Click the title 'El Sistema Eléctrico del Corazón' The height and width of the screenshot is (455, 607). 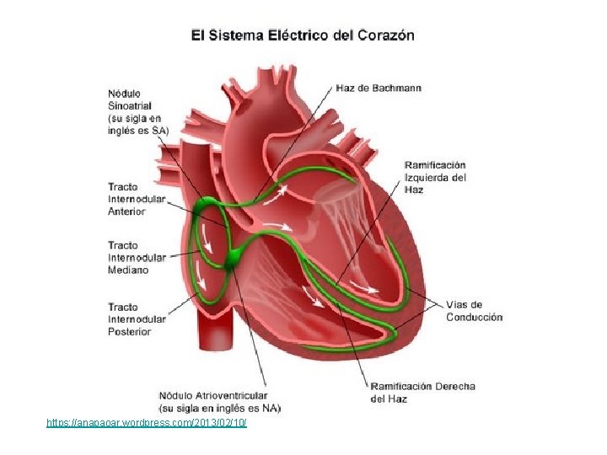click(303, 35)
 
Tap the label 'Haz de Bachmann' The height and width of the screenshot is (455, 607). click(379, 88)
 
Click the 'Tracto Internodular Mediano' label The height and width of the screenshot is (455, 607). click(136, 258)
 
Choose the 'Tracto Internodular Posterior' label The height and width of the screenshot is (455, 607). click(136, 319)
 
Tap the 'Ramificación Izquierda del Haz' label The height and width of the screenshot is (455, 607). click(435, 177)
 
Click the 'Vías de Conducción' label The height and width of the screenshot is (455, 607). click(474, 311)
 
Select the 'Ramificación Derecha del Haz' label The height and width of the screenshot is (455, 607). click(422, 392)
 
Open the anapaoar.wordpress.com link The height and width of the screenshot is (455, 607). click(147, 421)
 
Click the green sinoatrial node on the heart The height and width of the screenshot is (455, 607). click(205, 206)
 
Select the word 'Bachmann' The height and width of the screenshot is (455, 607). click(396, 88)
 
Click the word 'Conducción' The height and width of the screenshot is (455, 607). click(474, 317)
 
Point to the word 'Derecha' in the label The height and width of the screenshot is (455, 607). click(455, 387)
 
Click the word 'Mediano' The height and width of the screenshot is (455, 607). click(128, 270)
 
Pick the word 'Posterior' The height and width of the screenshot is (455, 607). click(130, 331)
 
